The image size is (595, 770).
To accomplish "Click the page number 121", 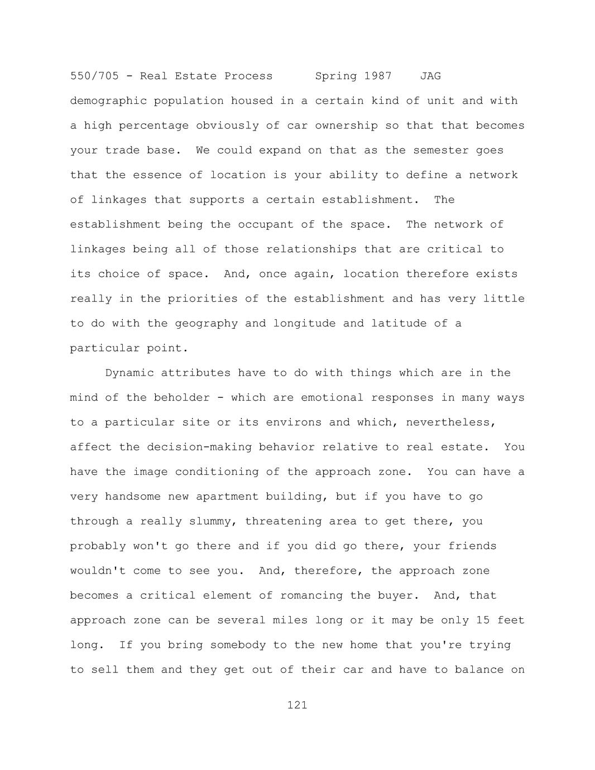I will coord(297,705).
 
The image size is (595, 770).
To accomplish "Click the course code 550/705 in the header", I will coord(94,76).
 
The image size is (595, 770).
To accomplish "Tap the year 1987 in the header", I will coord(378,76).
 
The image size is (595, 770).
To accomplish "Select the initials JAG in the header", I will coord(430,76).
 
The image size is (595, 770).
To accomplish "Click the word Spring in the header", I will coord(336,76).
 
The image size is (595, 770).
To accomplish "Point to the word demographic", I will coord(108,101).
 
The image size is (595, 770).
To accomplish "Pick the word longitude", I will coord(304,324).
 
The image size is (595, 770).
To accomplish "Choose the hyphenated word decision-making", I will coord(199,447).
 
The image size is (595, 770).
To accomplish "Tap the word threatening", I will coord(284,521).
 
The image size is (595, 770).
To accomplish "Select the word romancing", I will coord(311,595).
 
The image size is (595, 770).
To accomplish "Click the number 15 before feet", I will coord(483,620).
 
